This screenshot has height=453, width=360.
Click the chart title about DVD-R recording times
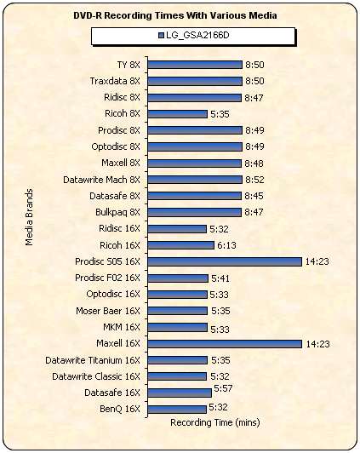[175, 15]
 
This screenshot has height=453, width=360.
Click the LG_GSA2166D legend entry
[194, 35]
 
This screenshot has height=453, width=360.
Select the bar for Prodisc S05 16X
[225, 261]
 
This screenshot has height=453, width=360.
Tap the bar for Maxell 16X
[225, 344]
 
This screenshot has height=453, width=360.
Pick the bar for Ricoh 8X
[177, 114]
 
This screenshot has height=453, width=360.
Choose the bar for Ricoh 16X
[180, 245]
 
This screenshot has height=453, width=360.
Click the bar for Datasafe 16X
[180, 393]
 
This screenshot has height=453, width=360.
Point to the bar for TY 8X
[195, 65]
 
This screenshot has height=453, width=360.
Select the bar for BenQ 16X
[177, 410]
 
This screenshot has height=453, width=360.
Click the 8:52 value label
[254, 180]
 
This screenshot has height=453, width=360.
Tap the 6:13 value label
[226, 245]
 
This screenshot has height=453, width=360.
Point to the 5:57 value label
[223, 388]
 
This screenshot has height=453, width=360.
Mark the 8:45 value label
[254, 196]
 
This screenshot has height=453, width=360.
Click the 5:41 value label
[220, 278]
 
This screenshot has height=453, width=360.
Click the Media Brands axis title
[29, 217]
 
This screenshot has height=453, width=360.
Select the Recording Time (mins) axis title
[215, 422]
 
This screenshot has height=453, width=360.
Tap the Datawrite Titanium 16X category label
[93, 360]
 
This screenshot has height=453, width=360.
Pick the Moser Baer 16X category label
[108, 311]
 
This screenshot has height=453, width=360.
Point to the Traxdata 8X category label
[115, 81]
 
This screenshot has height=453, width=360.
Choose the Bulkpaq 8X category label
[117, 212]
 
